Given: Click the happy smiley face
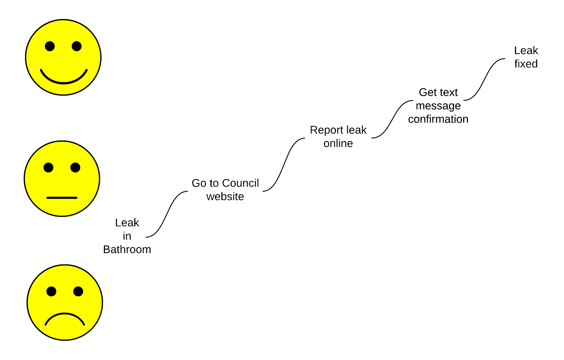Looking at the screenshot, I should pos(63,57).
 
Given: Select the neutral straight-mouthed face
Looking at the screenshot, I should pos(62,179).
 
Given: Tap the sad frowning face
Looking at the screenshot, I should pos(65,303).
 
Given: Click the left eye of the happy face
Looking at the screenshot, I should pos(50,46).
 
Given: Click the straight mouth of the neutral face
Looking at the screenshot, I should pos(62,198).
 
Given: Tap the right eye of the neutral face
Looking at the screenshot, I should pos(75,167).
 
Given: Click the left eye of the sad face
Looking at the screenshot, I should pos(51,291).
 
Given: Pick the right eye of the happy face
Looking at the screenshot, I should pos(76,46).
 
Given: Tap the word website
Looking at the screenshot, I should pos(225,196).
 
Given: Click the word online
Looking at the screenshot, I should pos(338,144).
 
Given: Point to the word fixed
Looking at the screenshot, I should pos(526,64).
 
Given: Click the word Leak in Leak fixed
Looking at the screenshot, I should pos(526,51).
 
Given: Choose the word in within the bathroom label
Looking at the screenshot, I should pos(127,236).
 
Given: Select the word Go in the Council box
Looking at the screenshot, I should pos(199,183).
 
